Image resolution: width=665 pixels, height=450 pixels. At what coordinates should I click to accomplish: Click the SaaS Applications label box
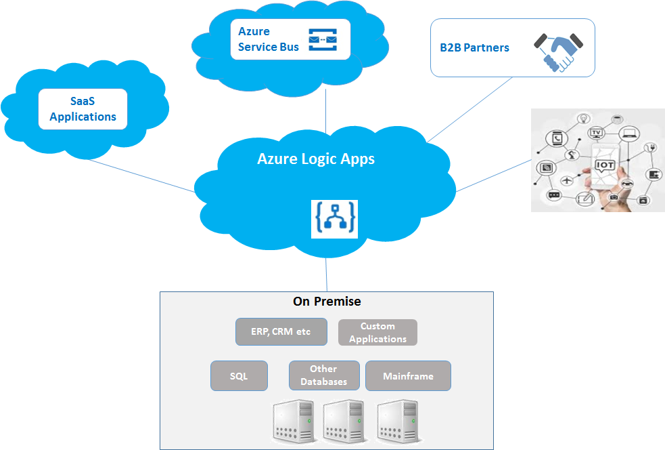coord(83,109)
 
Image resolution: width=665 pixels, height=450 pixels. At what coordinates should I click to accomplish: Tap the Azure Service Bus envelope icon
coord(323,40)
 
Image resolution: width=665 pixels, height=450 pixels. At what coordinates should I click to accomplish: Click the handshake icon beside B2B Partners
coord(559,49)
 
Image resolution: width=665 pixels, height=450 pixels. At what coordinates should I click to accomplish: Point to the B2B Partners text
coord(474,47)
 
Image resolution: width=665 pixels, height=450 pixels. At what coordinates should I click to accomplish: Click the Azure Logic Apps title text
coord(316,159)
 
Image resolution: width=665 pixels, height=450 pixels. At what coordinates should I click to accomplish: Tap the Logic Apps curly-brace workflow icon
coord(334,219)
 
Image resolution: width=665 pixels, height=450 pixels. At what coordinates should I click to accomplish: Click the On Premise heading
coord(327,302)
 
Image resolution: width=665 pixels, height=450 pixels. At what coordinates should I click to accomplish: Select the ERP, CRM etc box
coord(281,332)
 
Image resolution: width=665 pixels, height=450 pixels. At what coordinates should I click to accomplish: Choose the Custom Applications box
coord(377,333)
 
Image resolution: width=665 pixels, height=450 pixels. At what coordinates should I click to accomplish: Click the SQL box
coord(239,376)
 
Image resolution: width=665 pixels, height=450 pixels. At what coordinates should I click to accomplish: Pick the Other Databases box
coord(323,375)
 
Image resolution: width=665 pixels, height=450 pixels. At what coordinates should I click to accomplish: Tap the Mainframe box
coord(408,376)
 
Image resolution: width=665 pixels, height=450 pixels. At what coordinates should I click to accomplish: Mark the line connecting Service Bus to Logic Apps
coord(326,108)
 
